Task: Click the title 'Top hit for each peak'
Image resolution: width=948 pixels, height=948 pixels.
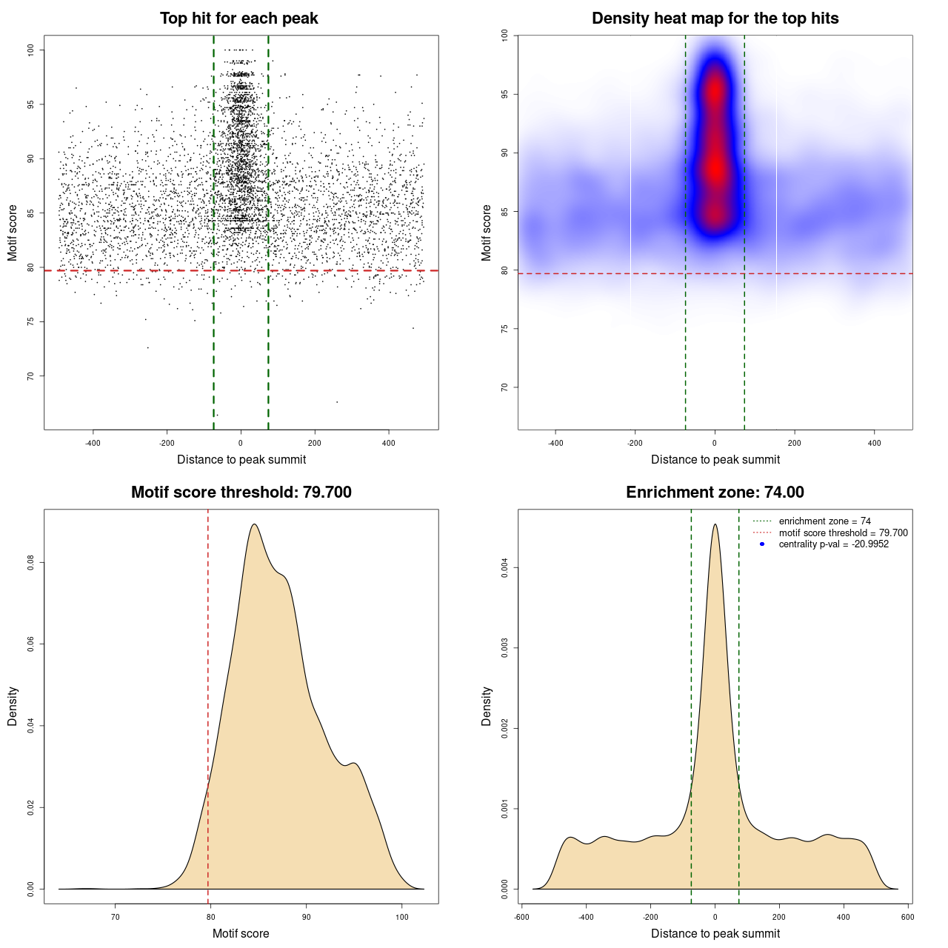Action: (x=239, y=19)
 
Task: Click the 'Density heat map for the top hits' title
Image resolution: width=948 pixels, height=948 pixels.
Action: (x=715, y=19)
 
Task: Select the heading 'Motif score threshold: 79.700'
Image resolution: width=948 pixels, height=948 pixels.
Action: (x=241, y=493)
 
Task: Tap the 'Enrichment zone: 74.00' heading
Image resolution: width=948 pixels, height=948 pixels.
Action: (x=715, y=493)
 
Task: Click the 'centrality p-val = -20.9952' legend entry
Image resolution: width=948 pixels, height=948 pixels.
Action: (x=833, y=544)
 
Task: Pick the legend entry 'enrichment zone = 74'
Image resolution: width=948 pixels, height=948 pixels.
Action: (x=824, y=521)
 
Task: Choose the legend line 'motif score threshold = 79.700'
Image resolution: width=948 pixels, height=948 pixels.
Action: (x=843, y=533)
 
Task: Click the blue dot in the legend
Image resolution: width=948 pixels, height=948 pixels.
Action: (x=762, y=544)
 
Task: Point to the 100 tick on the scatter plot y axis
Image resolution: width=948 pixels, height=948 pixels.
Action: (x=30, y=50)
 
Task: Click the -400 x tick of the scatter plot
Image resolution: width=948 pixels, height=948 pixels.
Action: (x=93, y=444)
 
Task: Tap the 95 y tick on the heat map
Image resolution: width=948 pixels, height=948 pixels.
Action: (x=504, y=94)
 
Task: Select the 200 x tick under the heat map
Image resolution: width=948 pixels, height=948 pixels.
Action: (x=795, y=444)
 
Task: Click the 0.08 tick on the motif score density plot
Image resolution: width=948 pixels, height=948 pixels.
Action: (x=30, y=563)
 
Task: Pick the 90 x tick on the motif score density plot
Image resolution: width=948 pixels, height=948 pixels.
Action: (x=307, y=918)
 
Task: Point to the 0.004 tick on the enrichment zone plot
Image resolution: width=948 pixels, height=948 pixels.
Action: (x=504, y=568)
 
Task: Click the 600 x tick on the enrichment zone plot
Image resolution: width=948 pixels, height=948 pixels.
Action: (x=907, y=918)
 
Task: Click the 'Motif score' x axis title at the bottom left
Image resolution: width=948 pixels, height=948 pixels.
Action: (x=241, y=933)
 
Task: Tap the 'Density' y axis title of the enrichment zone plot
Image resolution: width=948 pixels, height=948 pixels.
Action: (x=487, y=706)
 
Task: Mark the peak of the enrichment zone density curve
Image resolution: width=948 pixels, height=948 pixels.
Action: (x=715, y=524)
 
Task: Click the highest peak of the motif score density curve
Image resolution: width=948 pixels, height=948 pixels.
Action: (x=255, y=524)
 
